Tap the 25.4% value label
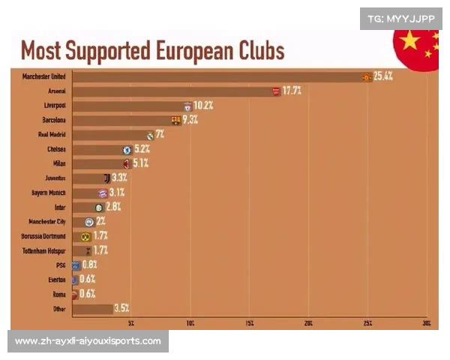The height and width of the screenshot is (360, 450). pyautogui.click(x=383, y=76)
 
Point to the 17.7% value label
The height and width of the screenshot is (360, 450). pyautogui.click(x=292, y=91)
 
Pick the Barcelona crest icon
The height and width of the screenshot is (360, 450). pyautogui.click(x=176, y=120)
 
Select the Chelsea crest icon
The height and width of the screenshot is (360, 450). pyautogui.click(x=127, y=149)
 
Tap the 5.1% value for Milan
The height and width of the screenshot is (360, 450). pyautogui.click(x=140, y=163)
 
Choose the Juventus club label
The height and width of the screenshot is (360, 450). pyautogui.click(x=54, y=178)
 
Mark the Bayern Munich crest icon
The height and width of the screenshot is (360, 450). pyautogui.click(x=103, y=193)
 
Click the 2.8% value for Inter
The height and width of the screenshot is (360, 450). pyautogui.click(x=112, y=207)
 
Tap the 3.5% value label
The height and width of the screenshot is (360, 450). pyautogui.click(x=121, y=308)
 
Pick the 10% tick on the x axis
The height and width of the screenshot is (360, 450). pyautogui.click(x=190, y=323)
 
